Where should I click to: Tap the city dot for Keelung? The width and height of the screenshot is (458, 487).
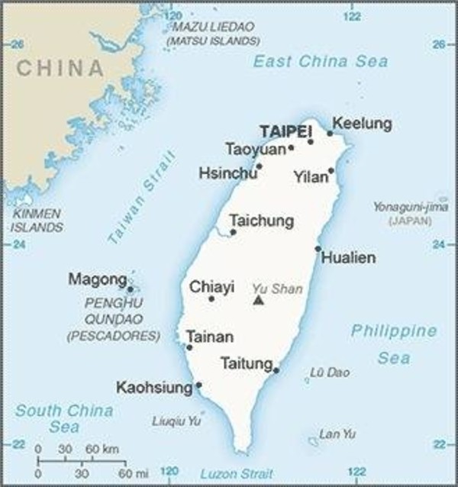coord(330,134)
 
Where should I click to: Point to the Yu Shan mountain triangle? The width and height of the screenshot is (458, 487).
coord(259,301)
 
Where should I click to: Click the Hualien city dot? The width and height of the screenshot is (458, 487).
coord(318,248)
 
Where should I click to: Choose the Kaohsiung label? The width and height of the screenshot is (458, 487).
coord(154,388)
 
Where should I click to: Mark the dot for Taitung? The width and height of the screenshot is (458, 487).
coord(276,371)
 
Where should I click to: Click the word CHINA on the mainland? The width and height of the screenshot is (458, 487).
coord(60,68)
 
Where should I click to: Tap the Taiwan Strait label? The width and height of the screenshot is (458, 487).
coord(141,198)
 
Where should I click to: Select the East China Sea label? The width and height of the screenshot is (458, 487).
coord(321,61)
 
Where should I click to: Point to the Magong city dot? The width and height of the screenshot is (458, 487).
coord(131,289)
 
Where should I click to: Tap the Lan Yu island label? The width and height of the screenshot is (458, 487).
coord(337,434)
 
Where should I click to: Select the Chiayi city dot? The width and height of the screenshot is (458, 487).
coord(211,298)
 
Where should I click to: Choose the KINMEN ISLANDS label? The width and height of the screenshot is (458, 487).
coord(37,221)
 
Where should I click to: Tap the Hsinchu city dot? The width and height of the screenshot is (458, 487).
coord(259,166)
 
